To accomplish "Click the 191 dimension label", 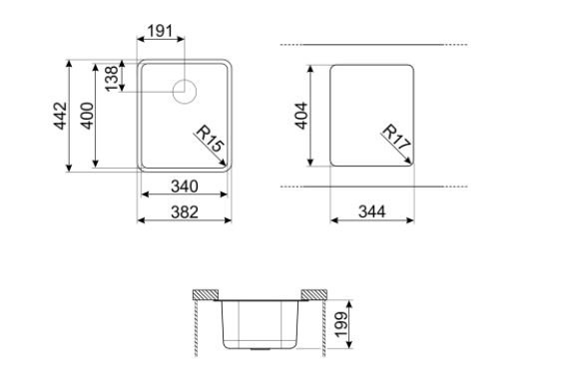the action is tap(160, 31).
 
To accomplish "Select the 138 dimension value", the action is tap(112, 79).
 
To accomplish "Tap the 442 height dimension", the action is tap(60, 116).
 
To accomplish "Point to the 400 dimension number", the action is tap(87, 116).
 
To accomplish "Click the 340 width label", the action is tap(185, 187).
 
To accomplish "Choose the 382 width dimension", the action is tap(185, 212).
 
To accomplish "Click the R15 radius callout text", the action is tap(210, 139).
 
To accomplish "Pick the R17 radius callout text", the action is tap(396, 138).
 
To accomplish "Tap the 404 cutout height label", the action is tap(301, 116).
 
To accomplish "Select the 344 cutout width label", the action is tap(372, 211).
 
